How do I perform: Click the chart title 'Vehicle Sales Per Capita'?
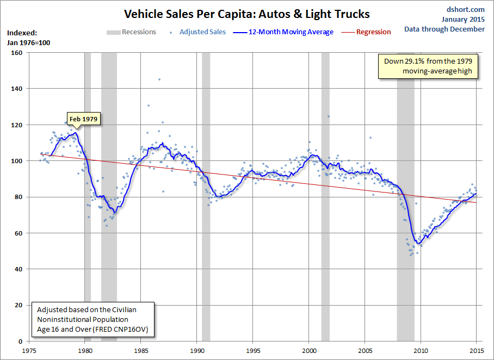[246, 13]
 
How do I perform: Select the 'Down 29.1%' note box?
[428, 66]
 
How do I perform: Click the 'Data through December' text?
[444, 29]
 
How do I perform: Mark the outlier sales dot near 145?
[159, 79]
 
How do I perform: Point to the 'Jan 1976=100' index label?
[28, 42]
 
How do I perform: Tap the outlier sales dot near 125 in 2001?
[329, 116]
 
